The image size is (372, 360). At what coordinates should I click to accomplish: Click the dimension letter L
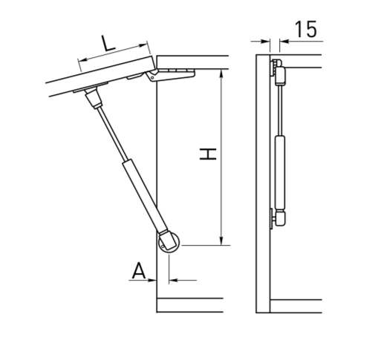(108, 43)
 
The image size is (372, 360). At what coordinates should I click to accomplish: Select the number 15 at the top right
(306, 30)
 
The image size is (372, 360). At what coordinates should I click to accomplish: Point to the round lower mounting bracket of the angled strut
(167, 242)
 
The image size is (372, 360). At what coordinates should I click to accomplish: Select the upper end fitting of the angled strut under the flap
(93, 98)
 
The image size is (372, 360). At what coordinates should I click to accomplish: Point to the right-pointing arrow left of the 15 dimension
(264, 40)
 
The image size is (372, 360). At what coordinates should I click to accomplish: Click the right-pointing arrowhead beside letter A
(151, 280)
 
